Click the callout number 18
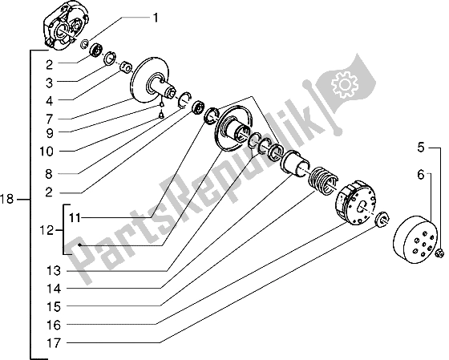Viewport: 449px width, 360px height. [x=6, y=199]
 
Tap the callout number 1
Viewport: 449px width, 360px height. [x=156, y=18]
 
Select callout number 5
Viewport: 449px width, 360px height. [x=420, y=148]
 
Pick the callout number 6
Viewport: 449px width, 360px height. [x=420, y=174]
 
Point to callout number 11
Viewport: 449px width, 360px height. [x=75, y=218]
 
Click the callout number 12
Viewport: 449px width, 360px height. [x=47, y=230]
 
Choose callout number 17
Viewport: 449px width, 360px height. [x=54, y=343]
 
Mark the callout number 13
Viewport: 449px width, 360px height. [x=54, y=270]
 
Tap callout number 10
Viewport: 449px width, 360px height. [x=47, y=152]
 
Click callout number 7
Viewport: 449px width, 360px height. [x=49, y=119]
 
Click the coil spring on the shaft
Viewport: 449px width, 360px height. [x=322, y=180]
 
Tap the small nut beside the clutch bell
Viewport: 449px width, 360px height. [x=439, y=253]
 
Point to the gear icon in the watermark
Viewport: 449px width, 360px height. [x=345, y=84]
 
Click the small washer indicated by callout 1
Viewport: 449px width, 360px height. [x=85, y=44]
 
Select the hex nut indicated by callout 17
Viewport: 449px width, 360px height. [x=382, y=219]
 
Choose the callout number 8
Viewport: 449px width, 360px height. [x=49, y=174]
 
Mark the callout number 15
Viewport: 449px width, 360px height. [x=54, y=307]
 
